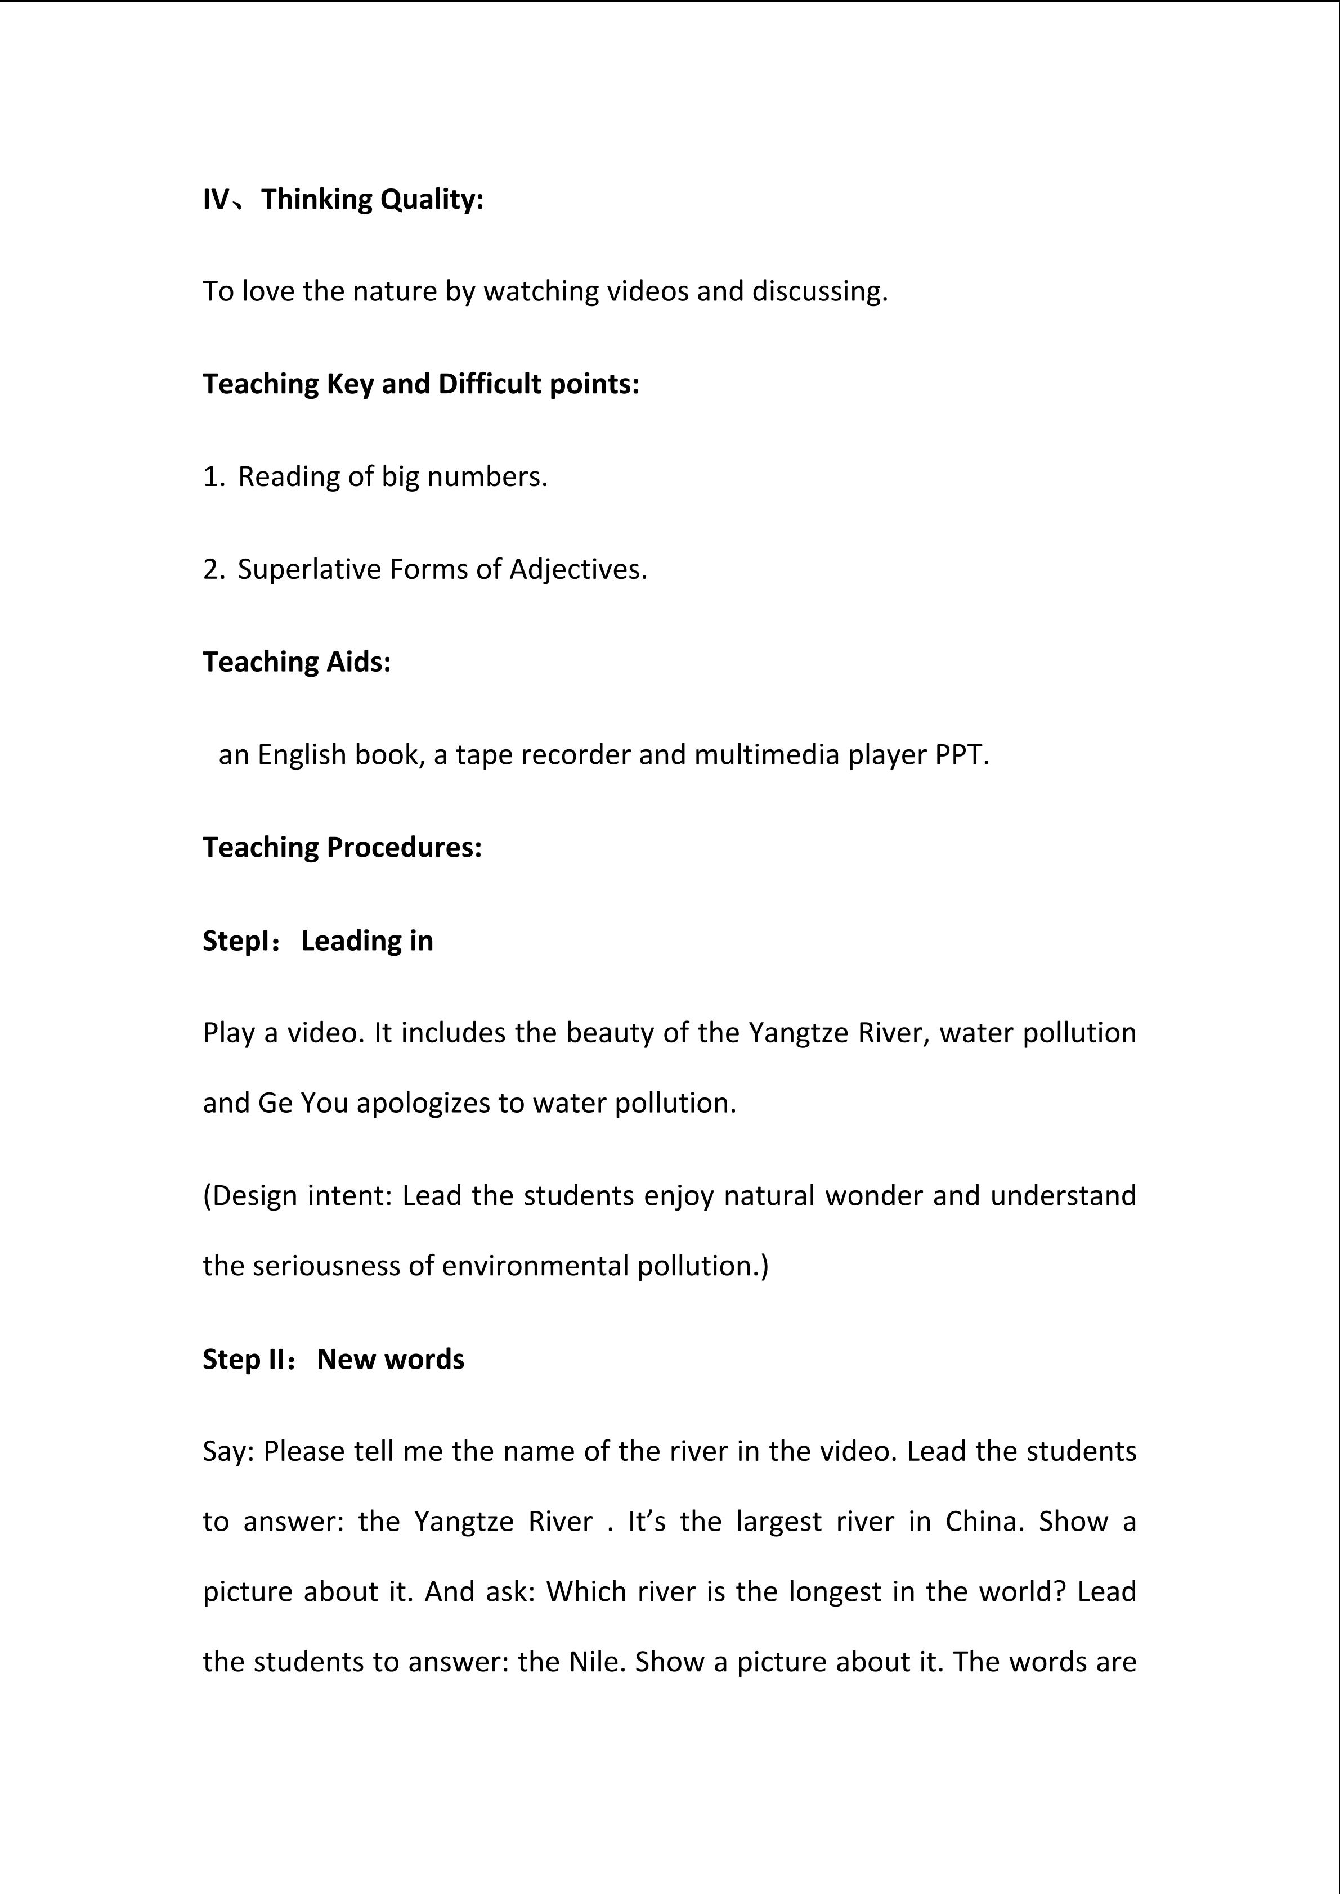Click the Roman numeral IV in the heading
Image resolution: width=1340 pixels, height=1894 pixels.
[x=216, y=200]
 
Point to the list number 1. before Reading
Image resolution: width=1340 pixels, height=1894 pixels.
[x=213, y=477]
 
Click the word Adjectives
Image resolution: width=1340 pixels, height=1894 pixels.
[x=577, y=570]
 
